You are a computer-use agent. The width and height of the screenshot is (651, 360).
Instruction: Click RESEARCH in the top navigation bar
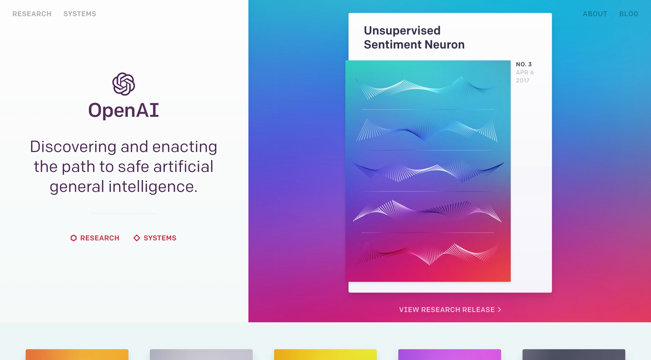click(x=32, y=14)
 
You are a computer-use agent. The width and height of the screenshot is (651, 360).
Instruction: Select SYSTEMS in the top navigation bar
click(x=80, y=14)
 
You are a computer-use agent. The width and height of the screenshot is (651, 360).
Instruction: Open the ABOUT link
click(x=595, y=14)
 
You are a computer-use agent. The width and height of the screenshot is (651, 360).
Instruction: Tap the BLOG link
click(x=629, y=14)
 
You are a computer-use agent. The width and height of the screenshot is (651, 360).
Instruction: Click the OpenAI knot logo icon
click(x=124, y=84)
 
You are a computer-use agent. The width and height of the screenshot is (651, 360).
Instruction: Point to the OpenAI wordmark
click(x=124, y=111)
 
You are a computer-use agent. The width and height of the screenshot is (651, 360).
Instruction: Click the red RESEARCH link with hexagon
click(x=95, y=238)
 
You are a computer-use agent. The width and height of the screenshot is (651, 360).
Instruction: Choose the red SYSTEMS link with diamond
click(x=154, y=238)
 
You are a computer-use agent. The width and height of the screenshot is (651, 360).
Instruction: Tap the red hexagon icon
click(x=73, y=238)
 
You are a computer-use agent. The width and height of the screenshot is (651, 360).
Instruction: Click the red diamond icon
click(x=137, y=238)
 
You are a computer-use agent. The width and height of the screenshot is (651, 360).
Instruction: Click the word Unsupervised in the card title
click(x=402, y=31)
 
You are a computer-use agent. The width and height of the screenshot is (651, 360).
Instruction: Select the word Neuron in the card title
click(x=445, y=45)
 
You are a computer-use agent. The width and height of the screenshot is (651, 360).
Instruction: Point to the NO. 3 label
click(x=524, y=64)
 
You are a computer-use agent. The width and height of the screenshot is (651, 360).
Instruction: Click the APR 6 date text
click(x=525, y=73)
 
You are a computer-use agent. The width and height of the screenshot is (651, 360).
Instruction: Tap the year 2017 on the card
click(x=523, y=80)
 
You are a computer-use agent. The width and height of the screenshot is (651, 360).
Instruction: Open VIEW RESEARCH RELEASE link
click(x=450, y=310)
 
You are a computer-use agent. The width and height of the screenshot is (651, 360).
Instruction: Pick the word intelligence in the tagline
click(x=153, y=187)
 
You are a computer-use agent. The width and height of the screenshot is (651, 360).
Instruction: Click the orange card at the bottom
click(x=77, y=355)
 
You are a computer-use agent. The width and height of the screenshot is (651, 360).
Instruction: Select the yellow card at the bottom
click(x=325, y=355)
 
